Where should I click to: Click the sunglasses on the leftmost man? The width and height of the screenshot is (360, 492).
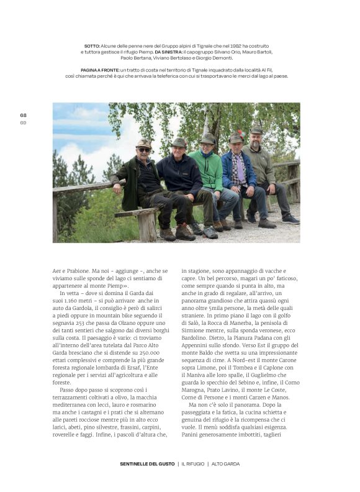(143, 150)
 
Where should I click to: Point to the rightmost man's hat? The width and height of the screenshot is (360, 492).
(256, 130)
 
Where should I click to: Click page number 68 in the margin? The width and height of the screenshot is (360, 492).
(23, 115)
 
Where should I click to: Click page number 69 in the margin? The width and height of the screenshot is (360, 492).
(23, 122)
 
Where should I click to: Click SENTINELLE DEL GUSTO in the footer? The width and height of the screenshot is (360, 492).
(146, 463)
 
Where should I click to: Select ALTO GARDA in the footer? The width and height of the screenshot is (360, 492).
(226, 463)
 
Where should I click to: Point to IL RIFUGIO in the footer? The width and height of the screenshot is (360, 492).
(192, 463)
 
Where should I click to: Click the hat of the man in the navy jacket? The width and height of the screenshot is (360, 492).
(179, 143)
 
